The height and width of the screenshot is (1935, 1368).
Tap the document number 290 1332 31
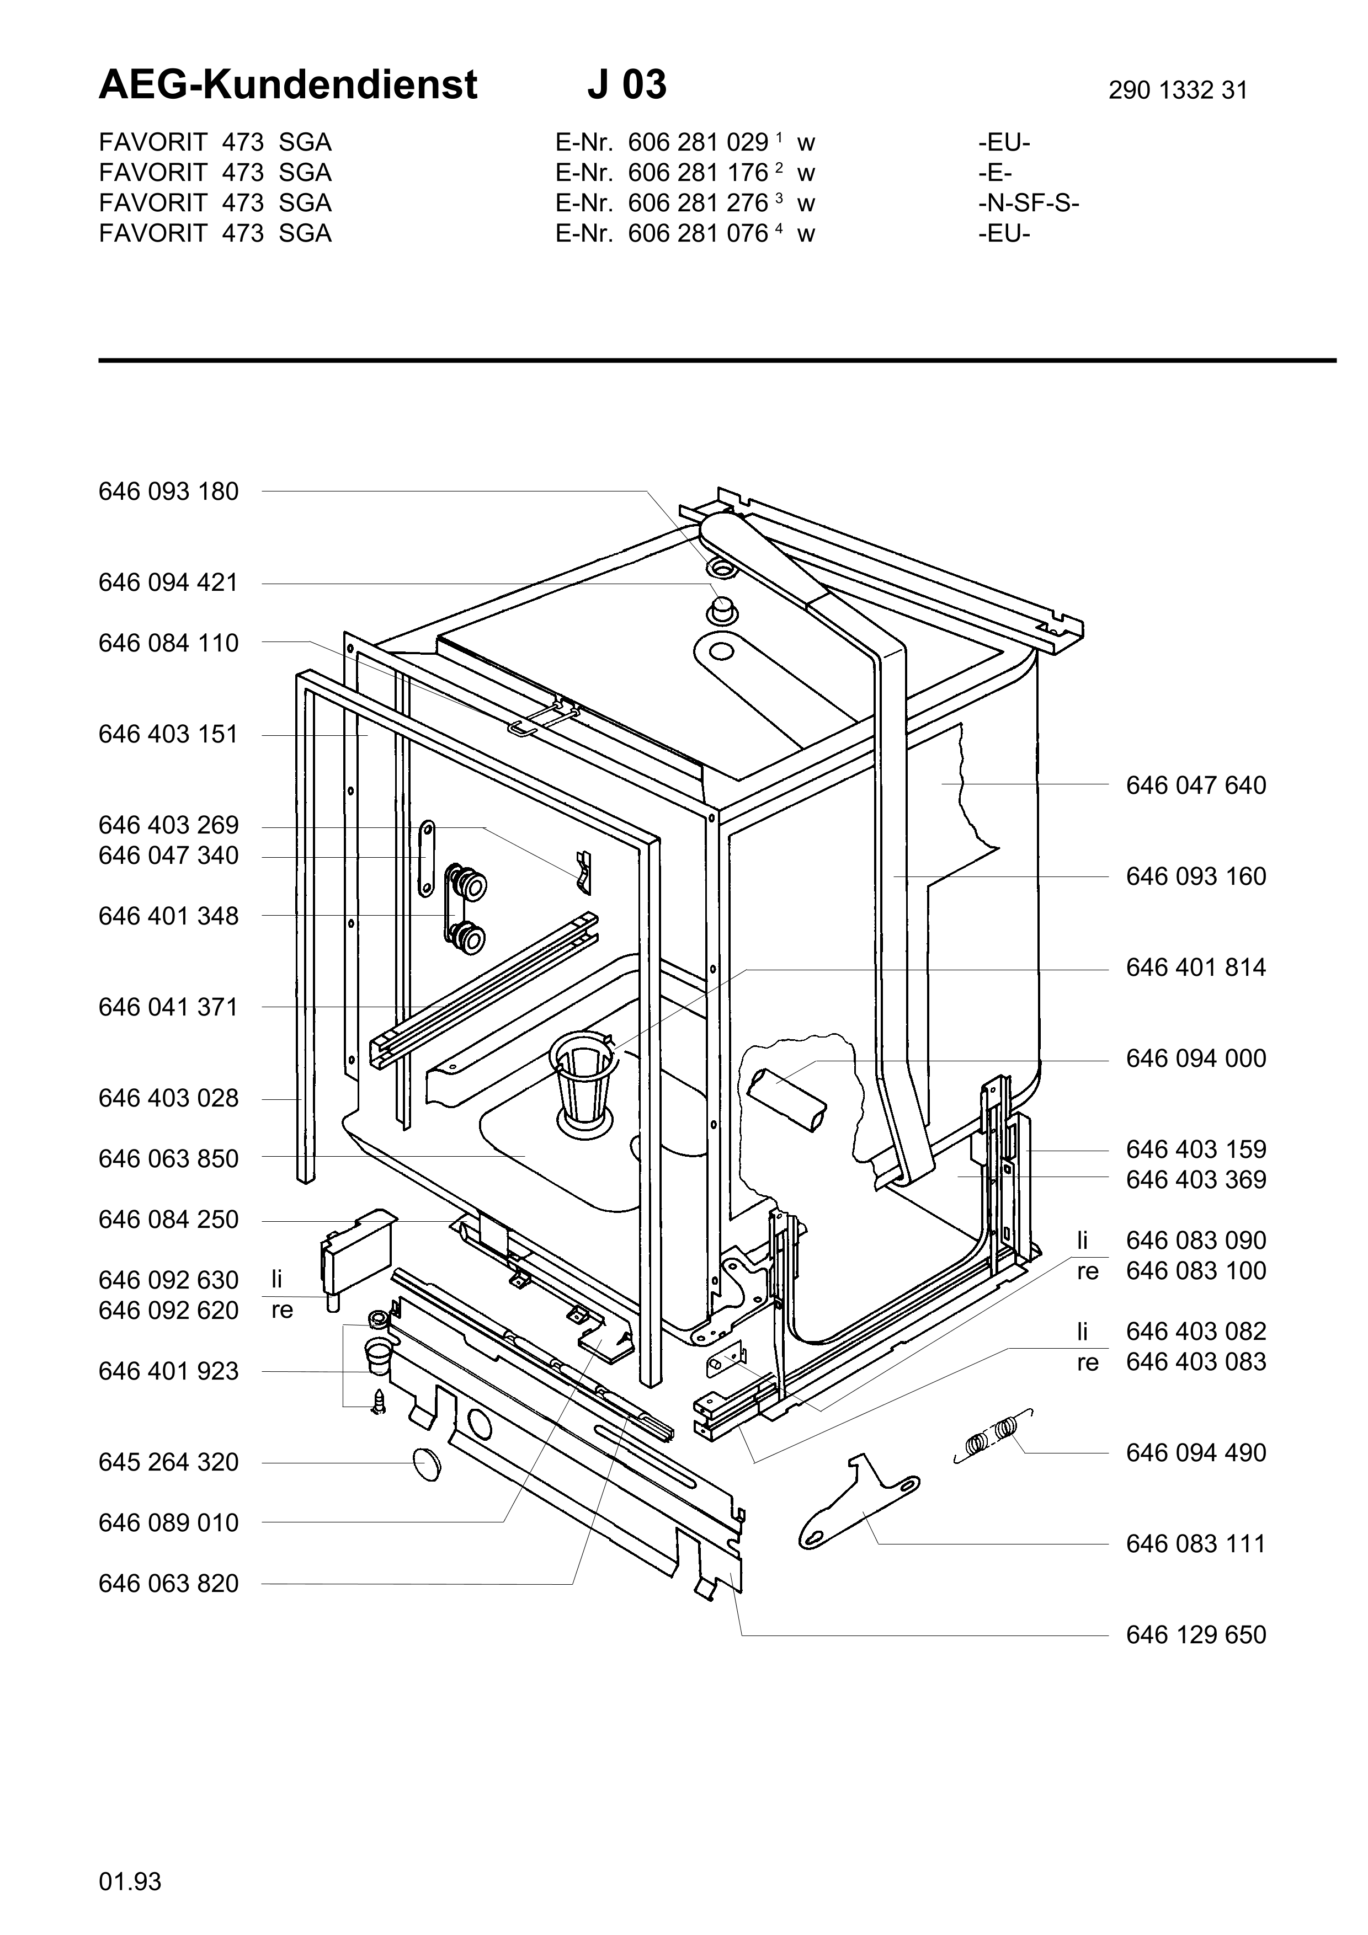coord(1178,90)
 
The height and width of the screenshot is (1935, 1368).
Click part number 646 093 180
coord(168,491)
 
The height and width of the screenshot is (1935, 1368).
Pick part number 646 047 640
coord(1195,785)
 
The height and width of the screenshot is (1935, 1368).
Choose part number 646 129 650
coord(1195,1635)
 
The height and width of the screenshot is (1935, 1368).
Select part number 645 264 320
coord(168,1462)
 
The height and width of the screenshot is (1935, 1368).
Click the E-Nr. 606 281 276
coord(698,203)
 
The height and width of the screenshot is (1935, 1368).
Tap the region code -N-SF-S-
coord(1028,203)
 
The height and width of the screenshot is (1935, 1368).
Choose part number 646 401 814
coord(1195,967)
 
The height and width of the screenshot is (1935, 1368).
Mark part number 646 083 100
coord(1195,1271)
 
